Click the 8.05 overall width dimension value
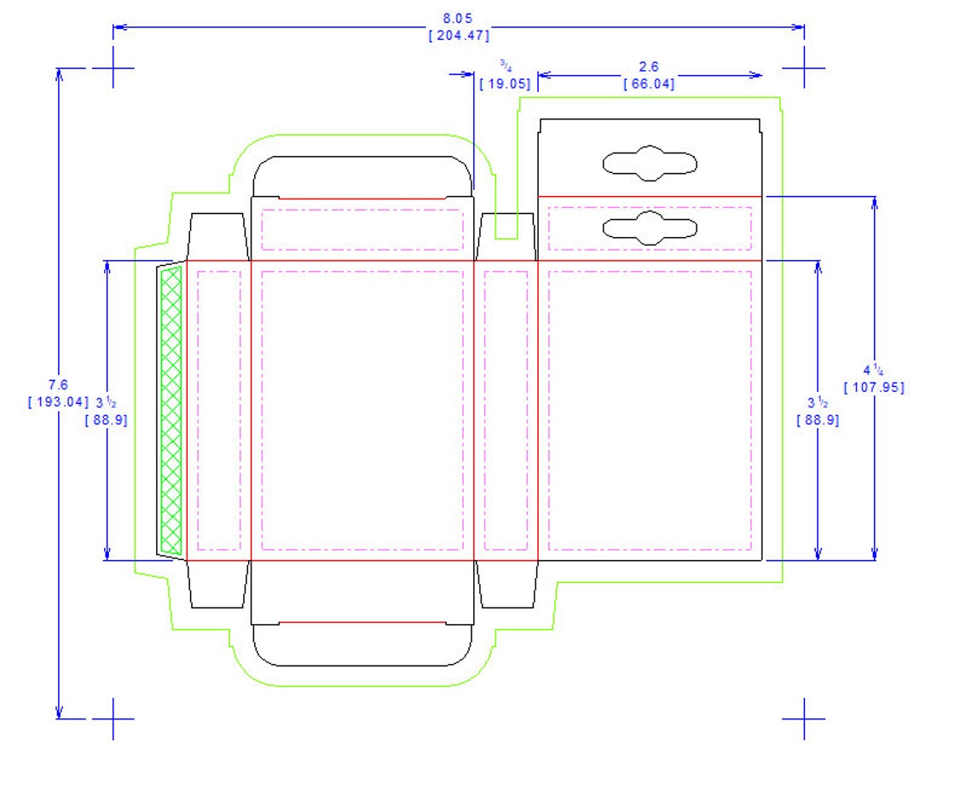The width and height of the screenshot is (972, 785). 458,19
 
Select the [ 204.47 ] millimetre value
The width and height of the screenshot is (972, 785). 459,35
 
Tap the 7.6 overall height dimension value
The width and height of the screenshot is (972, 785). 58,384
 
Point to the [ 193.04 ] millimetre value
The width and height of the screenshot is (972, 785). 59,401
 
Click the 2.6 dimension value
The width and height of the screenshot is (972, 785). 648,67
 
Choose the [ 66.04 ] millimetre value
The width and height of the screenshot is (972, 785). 649,83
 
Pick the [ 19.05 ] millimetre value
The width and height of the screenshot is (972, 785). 506,83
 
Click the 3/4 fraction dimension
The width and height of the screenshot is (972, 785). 506,65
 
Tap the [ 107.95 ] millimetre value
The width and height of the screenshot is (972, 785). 874,387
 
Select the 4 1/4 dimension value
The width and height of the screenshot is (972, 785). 873,371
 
